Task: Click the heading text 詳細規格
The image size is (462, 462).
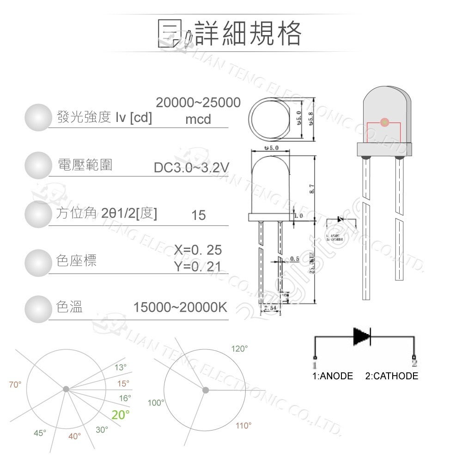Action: coord(248,33)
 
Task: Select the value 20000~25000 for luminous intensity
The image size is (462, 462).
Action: coord(198,103)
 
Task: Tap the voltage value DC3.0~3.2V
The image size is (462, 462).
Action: coord(191,167)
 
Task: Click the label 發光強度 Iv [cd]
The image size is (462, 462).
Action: coord(104,117)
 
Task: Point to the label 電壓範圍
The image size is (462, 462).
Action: coord(85,164)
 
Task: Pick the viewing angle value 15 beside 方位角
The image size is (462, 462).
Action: coord(198,215)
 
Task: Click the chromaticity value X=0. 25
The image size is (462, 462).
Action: coord(198,250)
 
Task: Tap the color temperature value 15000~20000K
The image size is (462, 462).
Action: coord(180,307)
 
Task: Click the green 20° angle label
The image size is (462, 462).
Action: coord(121,415)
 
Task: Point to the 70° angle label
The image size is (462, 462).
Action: coord(15,384)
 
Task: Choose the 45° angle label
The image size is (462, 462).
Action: coord(40,433)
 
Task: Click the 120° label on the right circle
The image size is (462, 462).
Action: coord(240,349)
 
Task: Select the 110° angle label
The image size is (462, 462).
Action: coord(243,426)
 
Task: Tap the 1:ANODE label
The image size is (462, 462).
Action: coord(333,376)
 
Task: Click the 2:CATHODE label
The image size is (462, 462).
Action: coord(391,376)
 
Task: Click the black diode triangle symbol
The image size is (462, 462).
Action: coord(361,336)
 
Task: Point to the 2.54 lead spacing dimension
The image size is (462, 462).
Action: coord(270,308)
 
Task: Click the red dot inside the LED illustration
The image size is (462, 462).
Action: coord(384,122)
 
